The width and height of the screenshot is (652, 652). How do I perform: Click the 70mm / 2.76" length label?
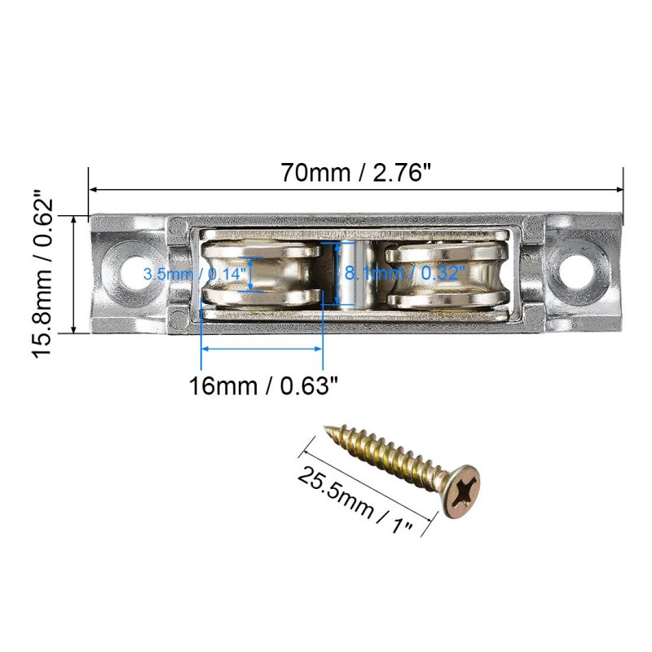pos(356,172)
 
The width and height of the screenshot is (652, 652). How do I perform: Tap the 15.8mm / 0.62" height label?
pos(42,274)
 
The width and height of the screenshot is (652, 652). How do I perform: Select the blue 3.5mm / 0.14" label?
pos(195,274)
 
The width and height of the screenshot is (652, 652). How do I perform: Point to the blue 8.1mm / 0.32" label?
pos(404,273)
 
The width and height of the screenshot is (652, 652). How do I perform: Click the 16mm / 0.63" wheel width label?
pos(263,385)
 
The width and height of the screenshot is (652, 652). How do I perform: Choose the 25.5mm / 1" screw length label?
pos(355,500)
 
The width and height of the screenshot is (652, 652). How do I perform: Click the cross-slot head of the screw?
pos(461,491)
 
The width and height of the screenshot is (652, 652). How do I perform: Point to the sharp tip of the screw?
pos(325,426)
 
